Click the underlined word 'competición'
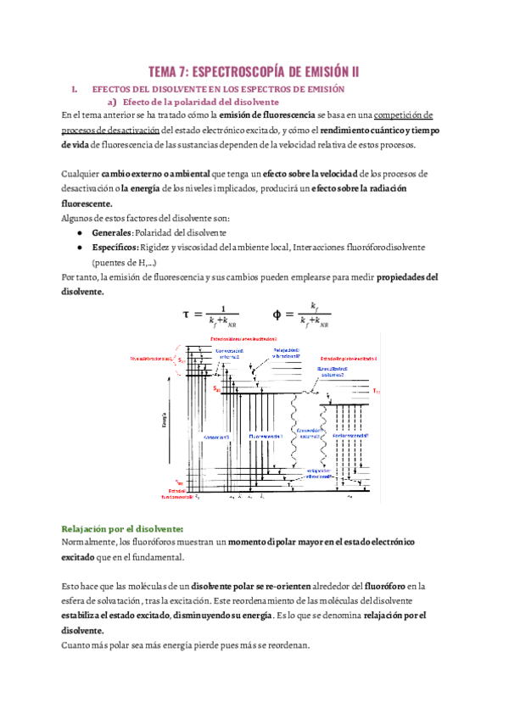tap(405, 115)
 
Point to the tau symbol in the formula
tap(187, 314)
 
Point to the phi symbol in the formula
tap(277, 314)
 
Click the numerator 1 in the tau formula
tap(222, 308)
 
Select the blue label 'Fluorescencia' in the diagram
tap(267, 436)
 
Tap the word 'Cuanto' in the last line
tap(78, 644)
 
